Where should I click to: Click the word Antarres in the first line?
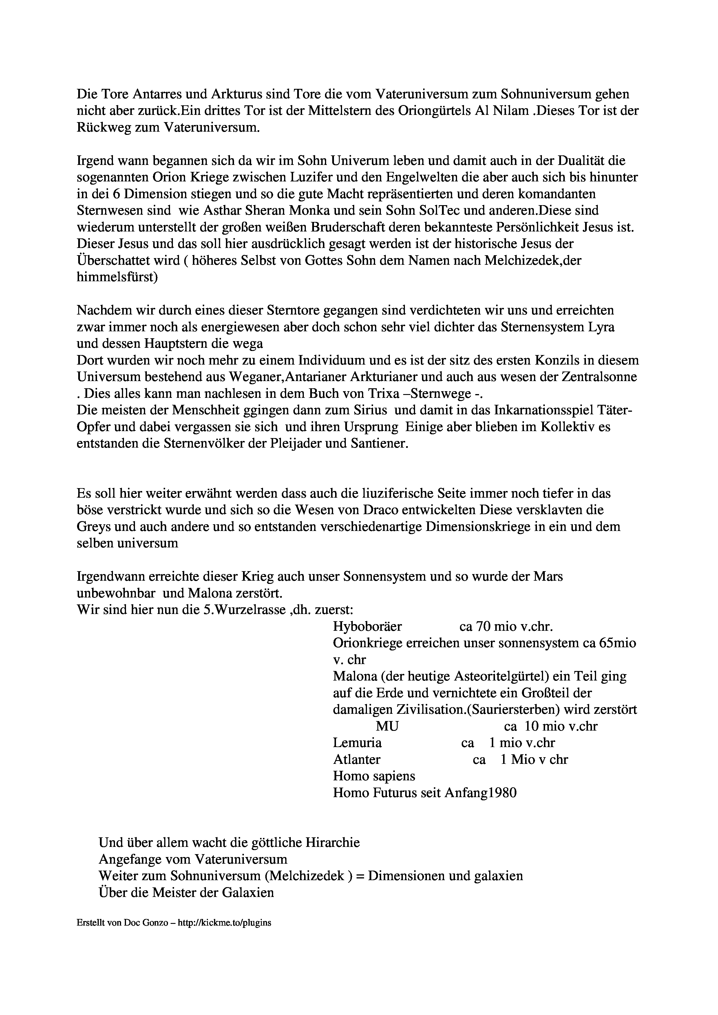pos(141,94)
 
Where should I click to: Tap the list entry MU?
pos(387,726)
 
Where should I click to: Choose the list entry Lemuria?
pos(357,743)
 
